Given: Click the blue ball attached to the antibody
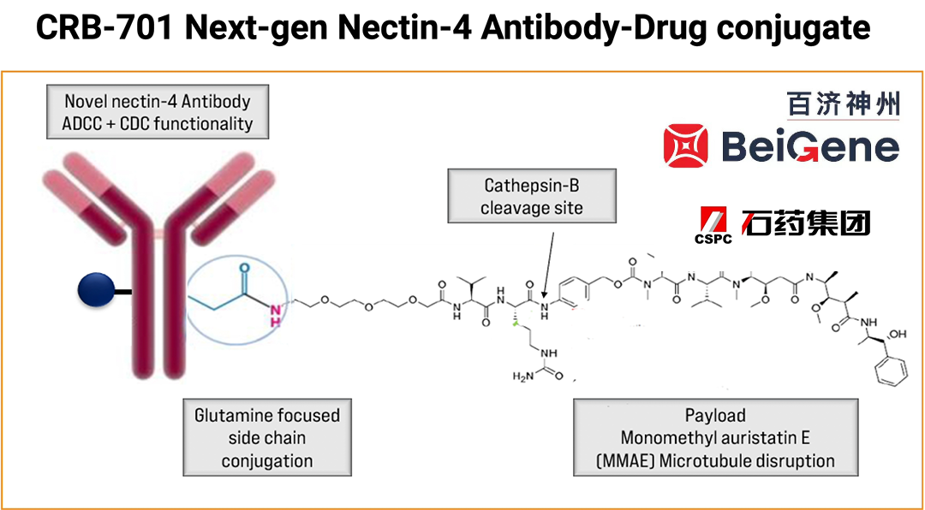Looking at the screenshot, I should point(95,292).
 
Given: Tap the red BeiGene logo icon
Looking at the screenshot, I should point(687,145).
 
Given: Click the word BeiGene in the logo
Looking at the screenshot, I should point(809,146).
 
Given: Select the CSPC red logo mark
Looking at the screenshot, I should point(713,223).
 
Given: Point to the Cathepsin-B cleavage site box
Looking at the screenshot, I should point(532,196).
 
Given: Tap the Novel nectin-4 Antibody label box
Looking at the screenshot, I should point(158,112).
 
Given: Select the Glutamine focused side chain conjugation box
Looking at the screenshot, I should point(267,438).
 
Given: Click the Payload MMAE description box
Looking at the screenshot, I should point(715,438).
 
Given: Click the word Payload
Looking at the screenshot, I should point(715,416).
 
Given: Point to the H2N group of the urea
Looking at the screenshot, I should point(524,377).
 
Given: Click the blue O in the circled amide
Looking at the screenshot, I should point(243,265).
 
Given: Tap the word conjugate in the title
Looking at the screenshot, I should point(791,29).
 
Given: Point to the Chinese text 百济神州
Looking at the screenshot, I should point(844,104).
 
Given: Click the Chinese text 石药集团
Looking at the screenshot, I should point(807,222).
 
